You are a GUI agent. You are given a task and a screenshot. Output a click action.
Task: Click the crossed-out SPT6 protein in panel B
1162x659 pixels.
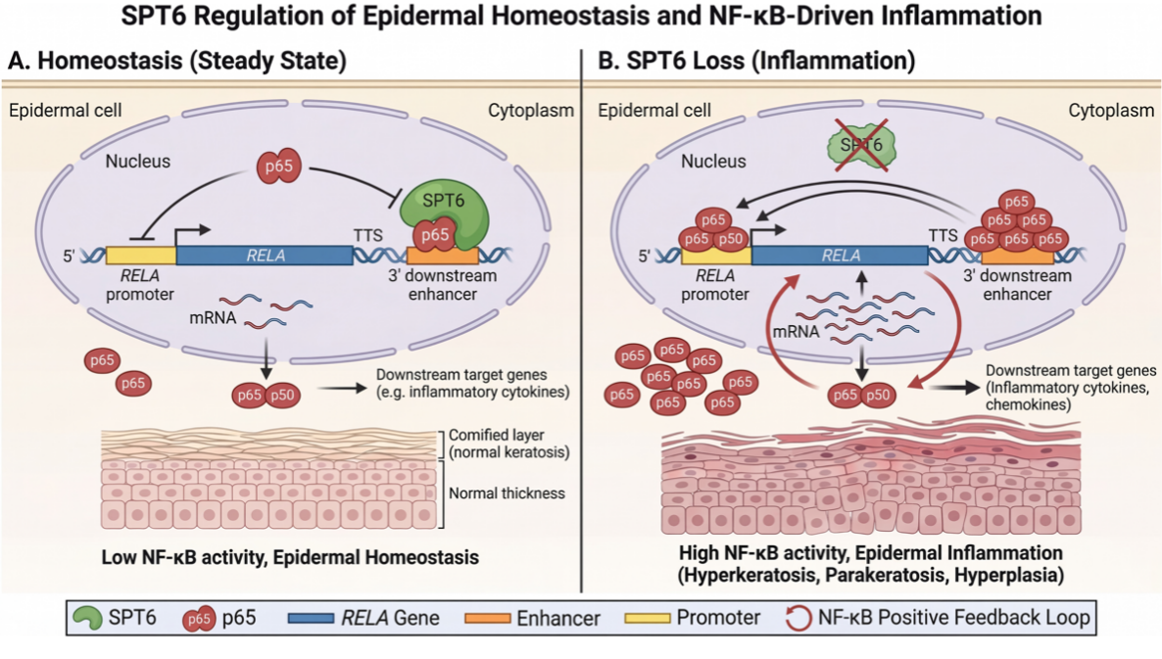(x=861, y=145)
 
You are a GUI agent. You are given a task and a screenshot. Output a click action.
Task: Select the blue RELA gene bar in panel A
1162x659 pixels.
(x=265, y=256)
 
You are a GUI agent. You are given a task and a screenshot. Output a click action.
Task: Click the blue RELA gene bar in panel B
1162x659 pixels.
(x=840, y=256)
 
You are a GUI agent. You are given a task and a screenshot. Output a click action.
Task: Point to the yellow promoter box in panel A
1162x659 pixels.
(x=141, y=256)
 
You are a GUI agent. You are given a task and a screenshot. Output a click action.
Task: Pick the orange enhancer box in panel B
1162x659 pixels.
(x=1018, y=257)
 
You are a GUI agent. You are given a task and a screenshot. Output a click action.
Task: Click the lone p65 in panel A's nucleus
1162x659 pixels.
(x=278, y=166)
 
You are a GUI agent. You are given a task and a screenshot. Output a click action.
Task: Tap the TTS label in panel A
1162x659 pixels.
(x=367, y=235)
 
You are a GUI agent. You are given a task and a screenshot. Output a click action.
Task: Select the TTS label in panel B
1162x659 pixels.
(x=943, y=235)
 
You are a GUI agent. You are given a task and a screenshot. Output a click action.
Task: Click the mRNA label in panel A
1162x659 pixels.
(x=213, y=317)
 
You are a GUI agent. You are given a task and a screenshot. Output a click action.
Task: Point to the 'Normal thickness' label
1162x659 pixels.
(x=507, y=494)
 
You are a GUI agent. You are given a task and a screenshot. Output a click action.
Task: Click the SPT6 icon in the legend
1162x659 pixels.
(x=87, y=618)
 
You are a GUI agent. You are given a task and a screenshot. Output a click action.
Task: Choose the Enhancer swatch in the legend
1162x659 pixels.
(x=488, y=618)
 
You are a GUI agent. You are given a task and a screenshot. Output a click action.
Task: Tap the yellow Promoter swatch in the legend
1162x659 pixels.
(x=648, y=618)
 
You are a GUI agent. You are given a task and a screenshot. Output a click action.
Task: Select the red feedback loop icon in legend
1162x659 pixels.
(x=799, y=618)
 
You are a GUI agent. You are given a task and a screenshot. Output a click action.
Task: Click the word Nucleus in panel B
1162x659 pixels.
(x=713, y=162)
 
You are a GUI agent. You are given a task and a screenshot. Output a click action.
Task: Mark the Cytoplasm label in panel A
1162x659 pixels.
(x=531, y=111)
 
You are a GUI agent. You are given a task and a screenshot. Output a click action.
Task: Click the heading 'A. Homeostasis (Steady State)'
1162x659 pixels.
(x=177, y=61)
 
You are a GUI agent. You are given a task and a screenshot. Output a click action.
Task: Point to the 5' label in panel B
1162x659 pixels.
(x=645, y=257)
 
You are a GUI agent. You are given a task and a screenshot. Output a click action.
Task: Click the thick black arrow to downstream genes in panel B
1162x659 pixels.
(x=955, y=387)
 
